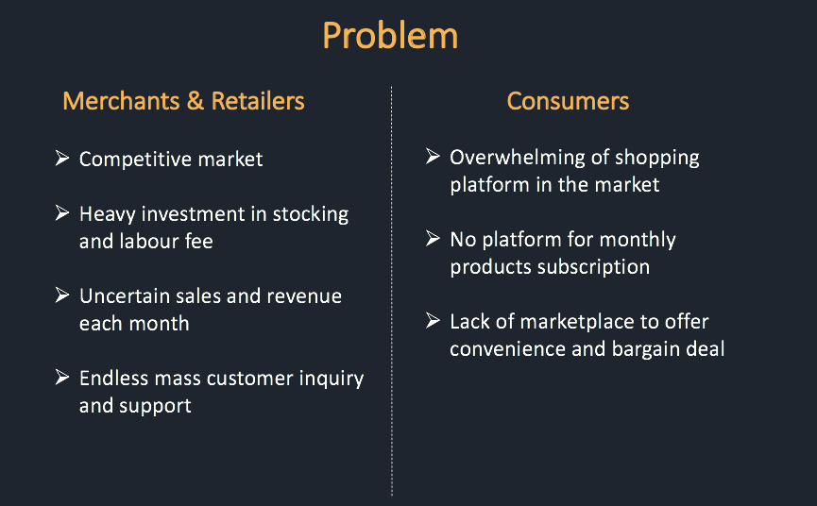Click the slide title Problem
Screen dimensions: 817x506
(390, 37)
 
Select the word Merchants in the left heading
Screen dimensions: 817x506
(122, 101)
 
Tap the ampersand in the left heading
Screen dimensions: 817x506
(195, 101)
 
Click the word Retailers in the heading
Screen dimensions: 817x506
(258, 101)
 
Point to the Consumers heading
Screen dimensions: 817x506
(568, 101)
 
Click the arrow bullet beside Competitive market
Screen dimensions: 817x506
(62, 158)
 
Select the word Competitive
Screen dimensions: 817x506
(135, 160)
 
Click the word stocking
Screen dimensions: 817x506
(311, 214)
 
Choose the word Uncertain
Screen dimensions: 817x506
(125, 296)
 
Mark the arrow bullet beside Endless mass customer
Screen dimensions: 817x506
(62, 377)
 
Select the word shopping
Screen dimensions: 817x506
(657, 159)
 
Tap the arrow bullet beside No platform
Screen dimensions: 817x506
(433, 239)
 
